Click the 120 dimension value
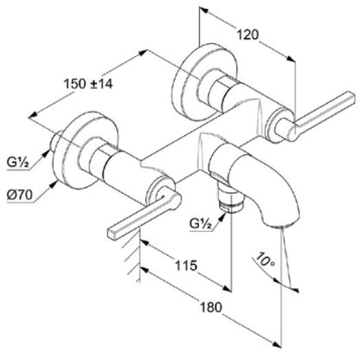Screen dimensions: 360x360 coord(247,35)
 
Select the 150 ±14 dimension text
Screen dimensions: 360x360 coord(88,84)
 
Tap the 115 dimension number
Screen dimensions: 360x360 coord(186,266)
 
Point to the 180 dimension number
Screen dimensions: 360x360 coord(211,307)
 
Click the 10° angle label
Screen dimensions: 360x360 coord(266,260)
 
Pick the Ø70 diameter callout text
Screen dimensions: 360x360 coord(20,196)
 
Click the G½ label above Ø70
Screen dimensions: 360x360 coord(18,163)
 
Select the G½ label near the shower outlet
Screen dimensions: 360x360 coord(201,223)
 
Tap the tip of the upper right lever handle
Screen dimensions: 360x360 coord(351,98)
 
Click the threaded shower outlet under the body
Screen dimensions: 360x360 coord(228,200)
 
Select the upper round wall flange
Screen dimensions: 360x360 coord(205,82)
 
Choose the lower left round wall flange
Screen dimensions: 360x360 coord(87,150)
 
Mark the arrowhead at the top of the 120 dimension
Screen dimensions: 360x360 coord(203,10)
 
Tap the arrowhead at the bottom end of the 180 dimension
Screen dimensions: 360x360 coord(277,344)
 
